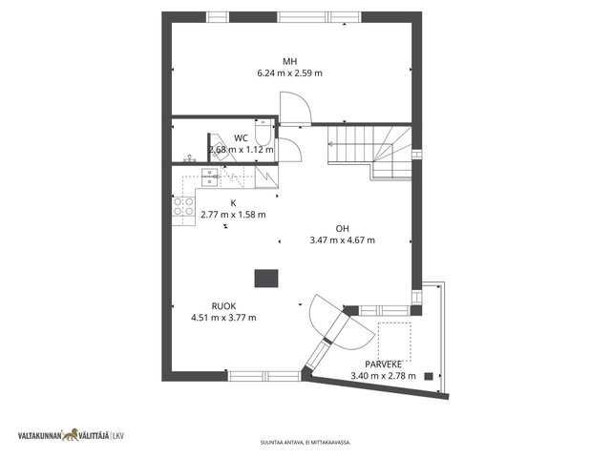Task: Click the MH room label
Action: [x=289, y=61]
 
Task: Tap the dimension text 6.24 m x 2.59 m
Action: [x=289, y=73]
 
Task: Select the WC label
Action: [x=241, y=138]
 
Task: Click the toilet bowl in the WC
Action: [x=263, y=133]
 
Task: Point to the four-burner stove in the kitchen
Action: [x=183, y=206]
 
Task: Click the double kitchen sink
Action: [x=210, y=177]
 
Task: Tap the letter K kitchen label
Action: [x=233, y=203]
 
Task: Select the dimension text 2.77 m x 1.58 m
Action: [x=233, y=215]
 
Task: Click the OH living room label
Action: [x=342, y=229]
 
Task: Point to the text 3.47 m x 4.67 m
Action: [x=342, y=240]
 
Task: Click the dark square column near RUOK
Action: [x=266, y=279]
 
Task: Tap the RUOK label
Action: [x=223, y=306]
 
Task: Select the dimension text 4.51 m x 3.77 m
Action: [x=223, y=318]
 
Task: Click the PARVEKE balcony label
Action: [x=383, y=364]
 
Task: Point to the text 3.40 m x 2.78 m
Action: [x=383, y=376]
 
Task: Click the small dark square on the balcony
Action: [x=429, y=376]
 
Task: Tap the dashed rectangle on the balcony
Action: [x=394, y=342]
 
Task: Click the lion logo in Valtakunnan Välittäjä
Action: [x=70, y=435]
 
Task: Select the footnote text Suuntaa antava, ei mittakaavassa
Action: [x=305, y=443]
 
